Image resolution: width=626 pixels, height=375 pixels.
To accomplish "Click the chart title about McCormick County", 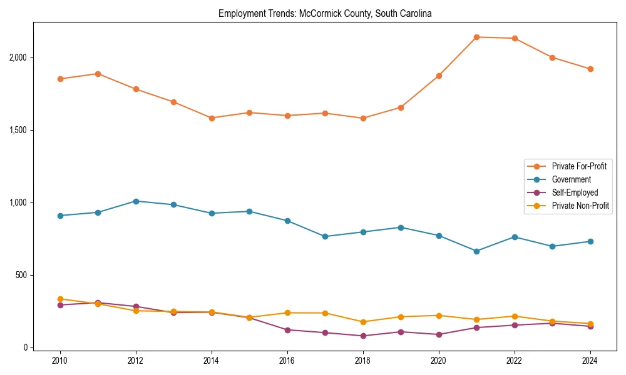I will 325,13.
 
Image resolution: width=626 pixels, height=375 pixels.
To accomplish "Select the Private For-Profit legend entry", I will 579,166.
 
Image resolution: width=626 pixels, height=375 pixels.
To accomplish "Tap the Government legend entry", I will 571,179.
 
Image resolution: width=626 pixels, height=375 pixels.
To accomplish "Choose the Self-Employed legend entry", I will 575,192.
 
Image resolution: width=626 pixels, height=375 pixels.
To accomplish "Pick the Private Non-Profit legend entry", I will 580,206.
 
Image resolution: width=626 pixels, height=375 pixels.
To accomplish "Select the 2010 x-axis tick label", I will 60,361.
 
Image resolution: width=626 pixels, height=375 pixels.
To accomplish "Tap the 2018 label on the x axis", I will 363,361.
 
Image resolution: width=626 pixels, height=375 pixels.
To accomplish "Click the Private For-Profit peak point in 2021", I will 476,37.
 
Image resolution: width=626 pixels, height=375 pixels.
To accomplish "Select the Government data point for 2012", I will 136,201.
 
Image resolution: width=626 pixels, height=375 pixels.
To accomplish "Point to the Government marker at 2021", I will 476,251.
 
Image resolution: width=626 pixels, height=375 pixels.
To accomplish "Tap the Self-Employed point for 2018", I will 363,336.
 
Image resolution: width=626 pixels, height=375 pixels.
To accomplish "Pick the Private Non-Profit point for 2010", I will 60,299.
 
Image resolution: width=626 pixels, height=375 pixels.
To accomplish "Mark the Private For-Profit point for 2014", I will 212,118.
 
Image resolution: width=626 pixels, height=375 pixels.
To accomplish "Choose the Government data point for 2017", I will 325,236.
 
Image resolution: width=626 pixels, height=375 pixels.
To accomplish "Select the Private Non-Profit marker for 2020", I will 439,316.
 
